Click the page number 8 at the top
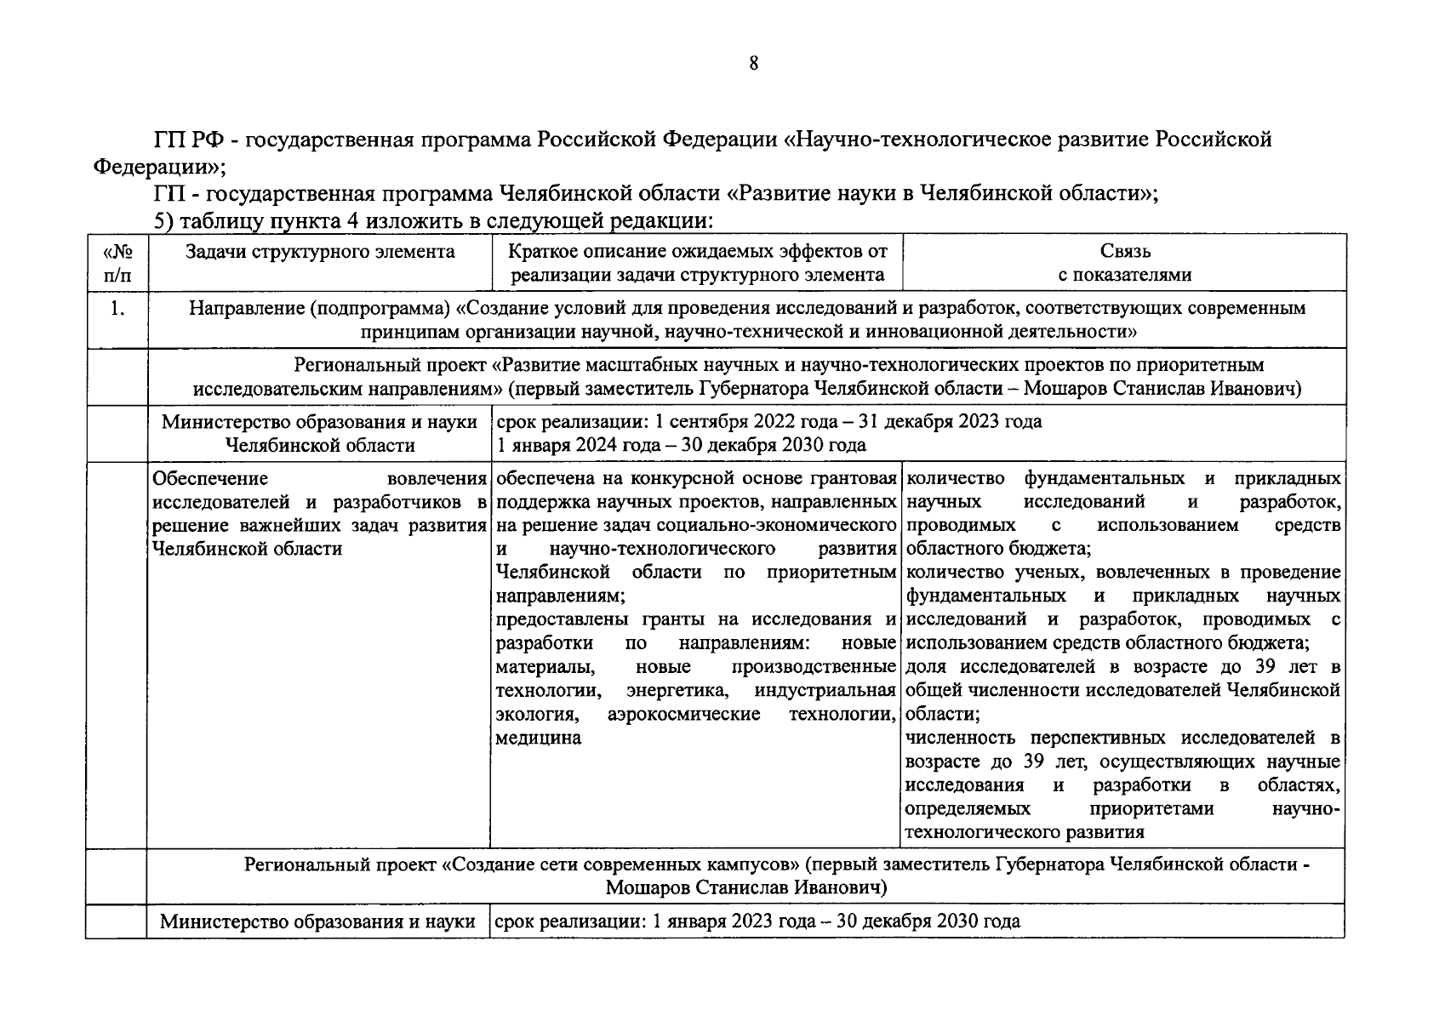(753, 64)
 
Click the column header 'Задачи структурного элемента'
(320, 252)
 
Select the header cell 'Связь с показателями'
(1124, 263)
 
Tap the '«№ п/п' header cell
(117, 263)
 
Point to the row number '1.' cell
(117, 310)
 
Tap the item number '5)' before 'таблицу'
(163, 221)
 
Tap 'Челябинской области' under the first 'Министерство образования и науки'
(320, 445)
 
